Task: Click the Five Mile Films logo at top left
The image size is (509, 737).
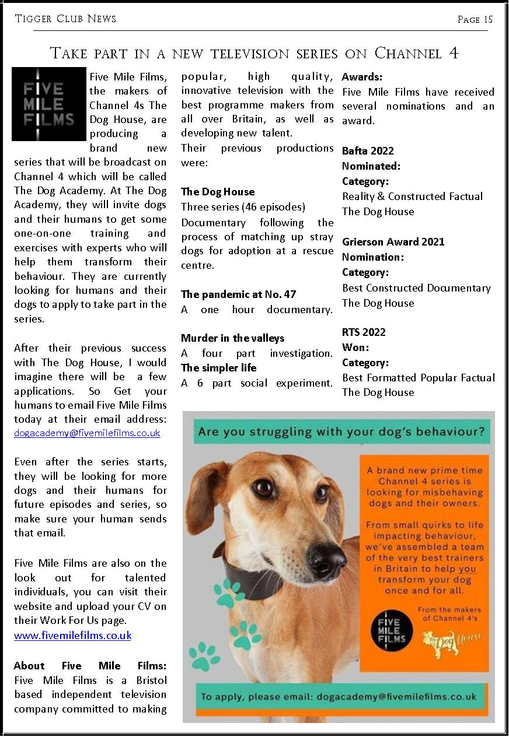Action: [48, 104]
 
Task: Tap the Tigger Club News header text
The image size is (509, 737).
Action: [65, 19]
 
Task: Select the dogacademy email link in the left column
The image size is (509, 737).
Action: [87, 433]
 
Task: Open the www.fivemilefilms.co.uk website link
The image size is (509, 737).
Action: [72, 636]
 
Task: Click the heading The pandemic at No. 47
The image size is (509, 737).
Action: [239, 294]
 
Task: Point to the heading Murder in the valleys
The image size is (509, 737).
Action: [232, 338]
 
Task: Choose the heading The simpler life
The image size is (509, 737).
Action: [218, 368]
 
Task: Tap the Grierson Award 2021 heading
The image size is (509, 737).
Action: [393, 242]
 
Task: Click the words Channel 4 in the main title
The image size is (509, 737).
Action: [416, 53]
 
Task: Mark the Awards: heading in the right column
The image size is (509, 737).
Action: [362, 77]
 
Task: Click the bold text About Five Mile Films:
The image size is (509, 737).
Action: [90, 666]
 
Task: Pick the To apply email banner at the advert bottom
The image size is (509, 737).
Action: [339, 696]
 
